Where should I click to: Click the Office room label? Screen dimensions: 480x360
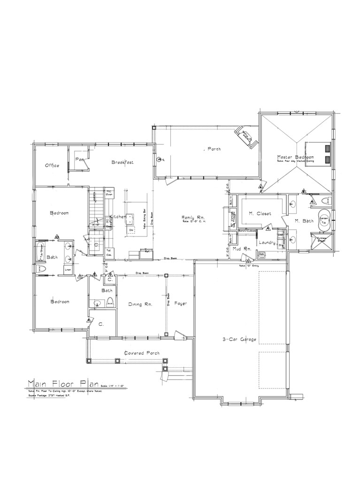(x=52, y=166)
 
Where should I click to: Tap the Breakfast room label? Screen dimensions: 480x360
(x=123, y=162)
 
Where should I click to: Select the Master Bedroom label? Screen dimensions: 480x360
(x=295, y=157)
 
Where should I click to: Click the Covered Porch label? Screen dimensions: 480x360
(x=142, y=353)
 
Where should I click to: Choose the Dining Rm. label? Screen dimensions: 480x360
(x=140, y=305)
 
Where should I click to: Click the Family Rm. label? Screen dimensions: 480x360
(x=194, y=217)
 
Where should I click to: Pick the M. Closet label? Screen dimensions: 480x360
(x=260, y=213)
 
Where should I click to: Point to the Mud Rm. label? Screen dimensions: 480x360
(x=244, y=248)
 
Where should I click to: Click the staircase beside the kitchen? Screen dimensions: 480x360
(x=96, y=206)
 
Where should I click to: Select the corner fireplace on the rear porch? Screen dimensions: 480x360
(x=246, y=137)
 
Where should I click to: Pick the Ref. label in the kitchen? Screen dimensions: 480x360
(x=146, y=251)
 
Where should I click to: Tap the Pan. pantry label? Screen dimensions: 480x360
(x=79, y=159)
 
